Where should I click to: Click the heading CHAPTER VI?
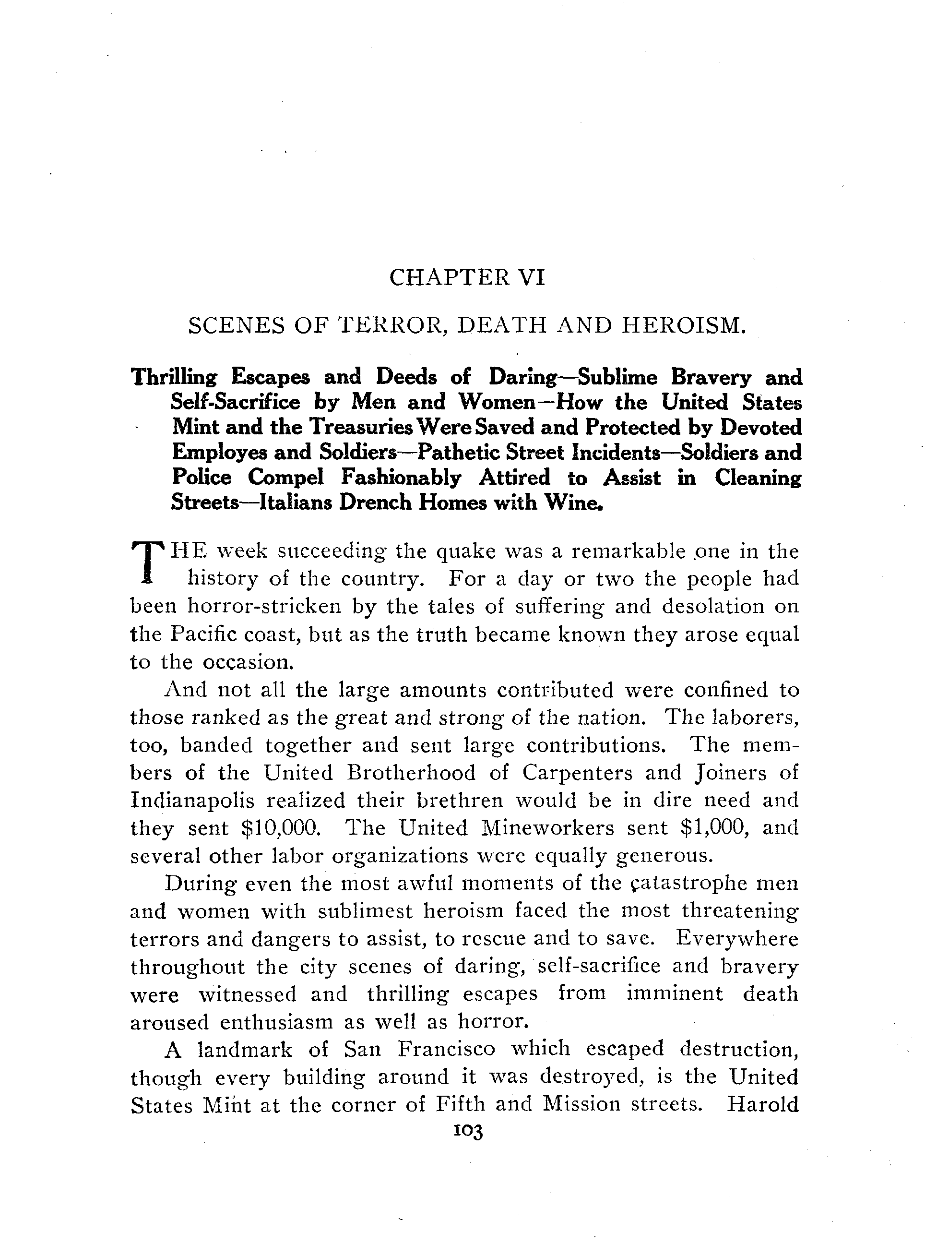pyautogui.click(x=466, y=277)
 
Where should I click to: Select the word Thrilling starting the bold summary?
pyautogui.click(x=174, y=378)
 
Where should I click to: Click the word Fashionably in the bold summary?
pyautogui.click(x=401, y=478)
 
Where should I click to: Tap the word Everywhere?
pyautogui.click(x=737, y=939)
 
